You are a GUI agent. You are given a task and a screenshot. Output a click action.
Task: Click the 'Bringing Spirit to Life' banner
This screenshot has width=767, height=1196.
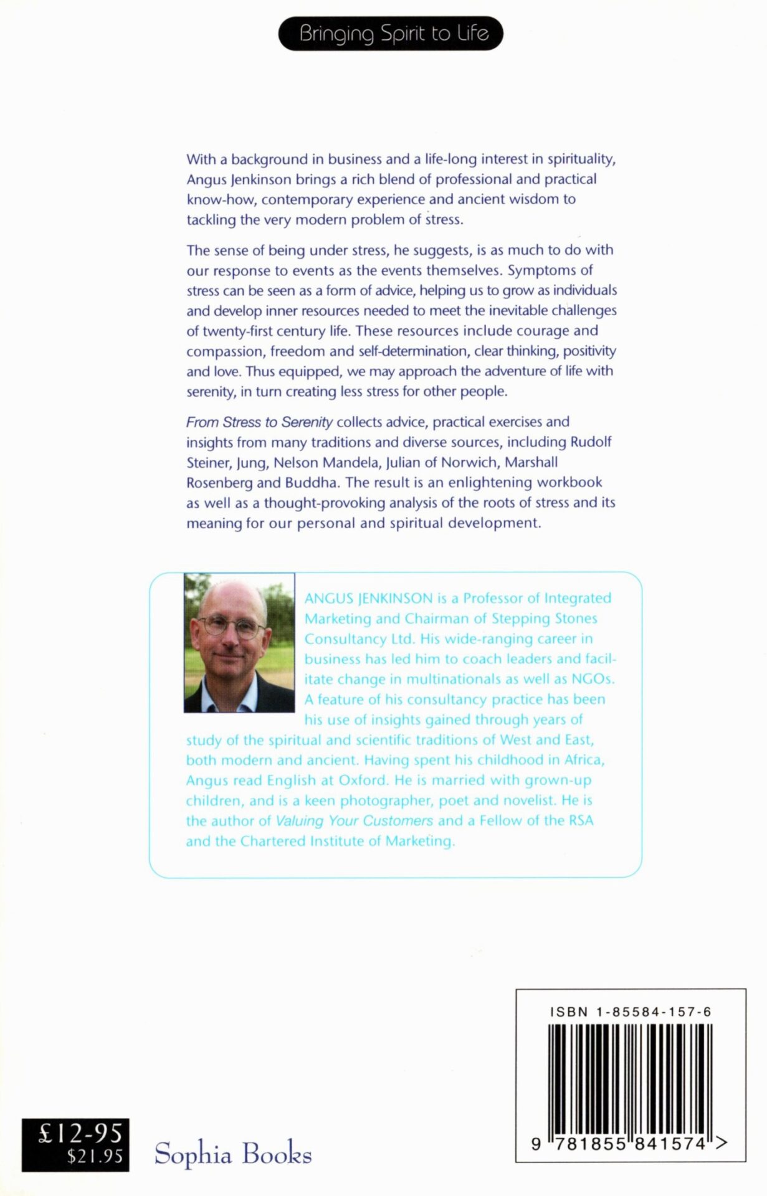[391, 34]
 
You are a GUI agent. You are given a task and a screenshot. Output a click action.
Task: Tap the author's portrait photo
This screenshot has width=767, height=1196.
[239, 642]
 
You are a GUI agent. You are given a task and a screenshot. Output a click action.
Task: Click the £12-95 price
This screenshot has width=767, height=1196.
[80, 1133]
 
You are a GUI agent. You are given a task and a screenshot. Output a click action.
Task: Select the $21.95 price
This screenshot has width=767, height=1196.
[95, 1157]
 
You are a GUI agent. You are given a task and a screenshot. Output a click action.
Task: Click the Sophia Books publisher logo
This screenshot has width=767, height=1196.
[232, 1153]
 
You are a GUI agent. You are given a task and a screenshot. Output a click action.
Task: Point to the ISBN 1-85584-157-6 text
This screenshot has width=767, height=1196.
[630, 1012]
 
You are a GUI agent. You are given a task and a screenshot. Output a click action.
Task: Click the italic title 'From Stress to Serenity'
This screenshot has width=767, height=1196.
[259, 422]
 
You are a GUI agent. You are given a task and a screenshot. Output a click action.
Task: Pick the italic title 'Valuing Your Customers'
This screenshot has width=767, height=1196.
[354, 821]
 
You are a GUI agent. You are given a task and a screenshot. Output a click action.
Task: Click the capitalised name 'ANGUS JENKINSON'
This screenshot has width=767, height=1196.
[368, 599]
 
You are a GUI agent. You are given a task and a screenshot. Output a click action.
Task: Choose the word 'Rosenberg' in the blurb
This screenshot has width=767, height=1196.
[219, 483]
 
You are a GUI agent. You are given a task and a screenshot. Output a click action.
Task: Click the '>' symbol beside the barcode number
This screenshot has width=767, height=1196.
[722, 1143]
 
